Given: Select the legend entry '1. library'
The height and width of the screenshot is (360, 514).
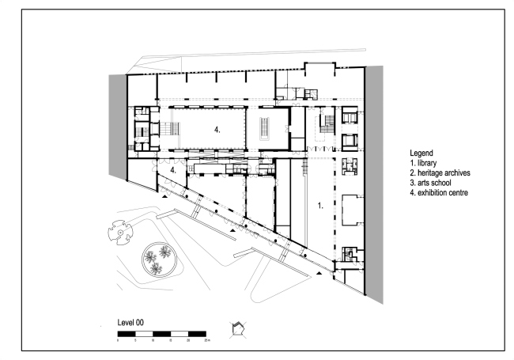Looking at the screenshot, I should pyautogui.click(x=426, y=162).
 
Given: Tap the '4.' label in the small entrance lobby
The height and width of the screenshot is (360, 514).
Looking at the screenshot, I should pyautogui.click(x=173, y=170).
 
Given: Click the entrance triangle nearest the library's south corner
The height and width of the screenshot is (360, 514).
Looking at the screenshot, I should pyautogui.click(x=319, y=273).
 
